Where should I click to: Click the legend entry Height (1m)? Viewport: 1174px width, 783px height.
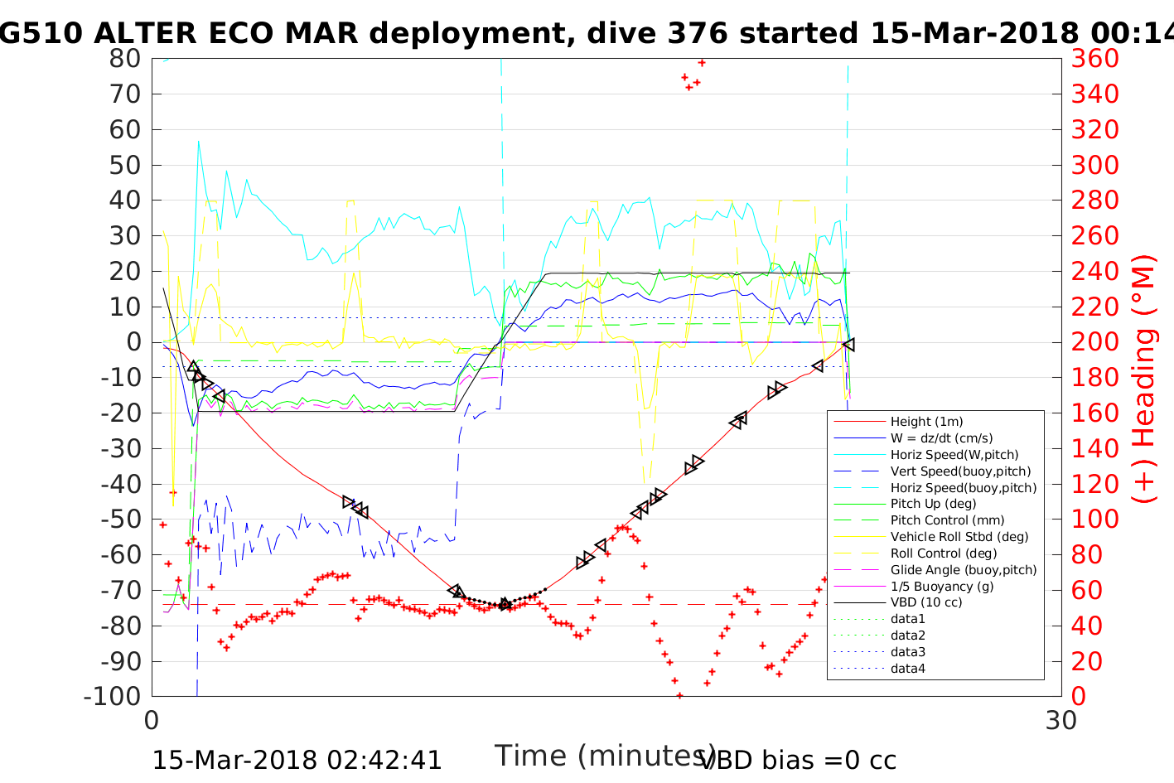pyautogui.click(x=926, y=422)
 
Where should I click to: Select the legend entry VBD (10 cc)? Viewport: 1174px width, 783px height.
pyautogui.click(x=926, y=602)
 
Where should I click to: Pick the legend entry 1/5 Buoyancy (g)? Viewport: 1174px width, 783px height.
pyautogui.click(x=942, y=586)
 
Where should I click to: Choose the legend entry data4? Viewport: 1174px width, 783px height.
pyautogui.click(x=907, y=669)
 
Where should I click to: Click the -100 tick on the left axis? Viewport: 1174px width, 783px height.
pyautogui.click(x=113, y=696)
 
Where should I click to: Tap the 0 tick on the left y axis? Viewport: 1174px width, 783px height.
pyautogui.click(x=133, y=342)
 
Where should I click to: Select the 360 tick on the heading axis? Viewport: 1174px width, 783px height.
pyautogui.click(x=1094, y=59)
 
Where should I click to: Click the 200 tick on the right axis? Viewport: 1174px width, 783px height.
pyautogui.click(x=1094, y=342)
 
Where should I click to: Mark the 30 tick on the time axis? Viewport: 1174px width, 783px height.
pyautogui.click(x=1061, y=720)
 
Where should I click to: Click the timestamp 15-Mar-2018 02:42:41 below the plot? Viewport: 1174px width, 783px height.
pyautogui.click(x=297, y=760)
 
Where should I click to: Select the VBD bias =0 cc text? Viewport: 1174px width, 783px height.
pyautogui.click(x=798, y=760)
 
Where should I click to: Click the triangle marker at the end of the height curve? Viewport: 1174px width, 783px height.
pyautogui.click(x=848, y=345)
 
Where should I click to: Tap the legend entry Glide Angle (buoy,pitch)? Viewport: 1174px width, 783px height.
pyautogui.click(x=963, y=570)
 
